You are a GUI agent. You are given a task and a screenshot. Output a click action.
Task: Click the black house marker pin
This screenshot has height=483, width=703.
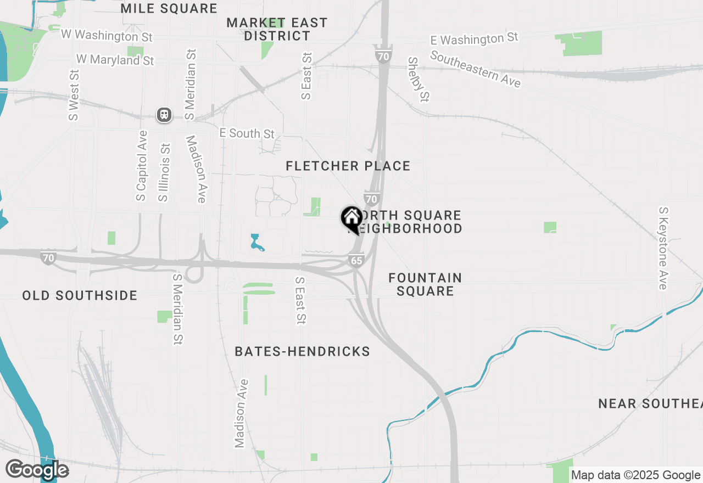click(351, 219)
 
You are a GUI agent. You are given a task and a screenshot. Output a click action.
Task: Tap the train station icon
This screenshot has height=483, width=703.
click(164, 115)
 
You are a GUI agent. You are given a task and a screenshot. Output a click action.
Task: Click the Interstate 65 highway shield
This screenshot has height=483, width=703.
click(356, 260)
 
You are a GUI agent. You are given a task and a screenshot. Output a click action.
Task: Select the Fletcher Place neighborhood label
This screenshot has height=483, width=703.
click(348, 166)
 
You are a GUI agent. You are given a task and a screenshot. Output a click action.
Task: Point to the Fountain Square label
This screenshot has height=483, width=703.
click(425, 284)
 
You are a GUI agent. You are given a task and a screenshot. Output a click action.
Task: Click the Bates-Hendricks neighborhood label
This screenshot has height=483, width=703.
click(302, 351)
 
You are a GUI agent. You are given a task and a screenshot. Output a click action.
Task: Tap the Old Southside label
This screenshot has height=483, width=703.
click(80, 295)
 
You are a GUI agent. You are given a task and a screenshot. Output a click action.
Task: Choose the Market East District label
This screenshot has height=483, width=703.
click(277, 29)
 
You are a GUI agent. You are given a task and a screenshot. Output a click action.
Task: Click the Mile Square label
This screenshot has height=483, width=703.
click(169, 8)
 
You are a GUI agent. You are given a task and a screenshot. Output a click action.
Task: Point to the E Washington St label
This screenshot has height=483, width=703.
click(475, 39)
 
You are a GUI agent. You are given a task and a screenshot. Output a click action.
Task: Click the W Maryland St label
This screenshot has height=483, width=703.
click(115, 59)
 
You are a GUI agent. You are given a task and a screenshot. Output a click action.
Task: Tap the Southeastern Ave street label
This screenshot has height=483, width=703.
click(475, 69)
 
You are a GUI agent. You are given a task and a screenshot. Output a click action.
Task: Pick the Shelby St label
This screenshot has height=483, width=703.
click(418, 79)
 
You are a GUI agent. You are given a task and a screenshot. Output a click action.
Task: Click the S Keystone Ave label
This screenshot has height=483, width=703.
click(663, 248)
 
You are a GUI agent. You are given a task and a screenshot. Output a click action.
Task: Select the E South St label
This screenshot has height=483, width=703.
click(247, 133)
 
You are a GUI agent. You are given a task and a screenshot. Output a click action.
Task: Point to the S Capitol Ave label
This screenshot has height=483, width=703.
click(142, 165)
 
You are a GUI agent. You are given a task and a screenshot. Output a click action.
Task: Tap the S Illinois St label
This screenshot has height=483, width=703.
click(164, 172)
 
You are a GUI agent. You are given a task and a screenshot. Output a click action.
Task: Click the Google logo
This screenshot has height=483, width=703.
click(37, 470)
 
